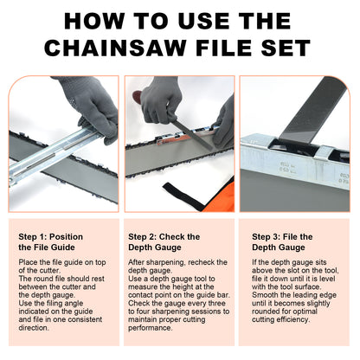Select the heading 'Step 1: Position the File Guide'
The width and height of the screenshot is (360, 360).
tap(55, 241)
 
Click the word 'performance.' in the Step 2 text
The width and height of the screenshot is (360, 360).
tap(151, 331)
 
